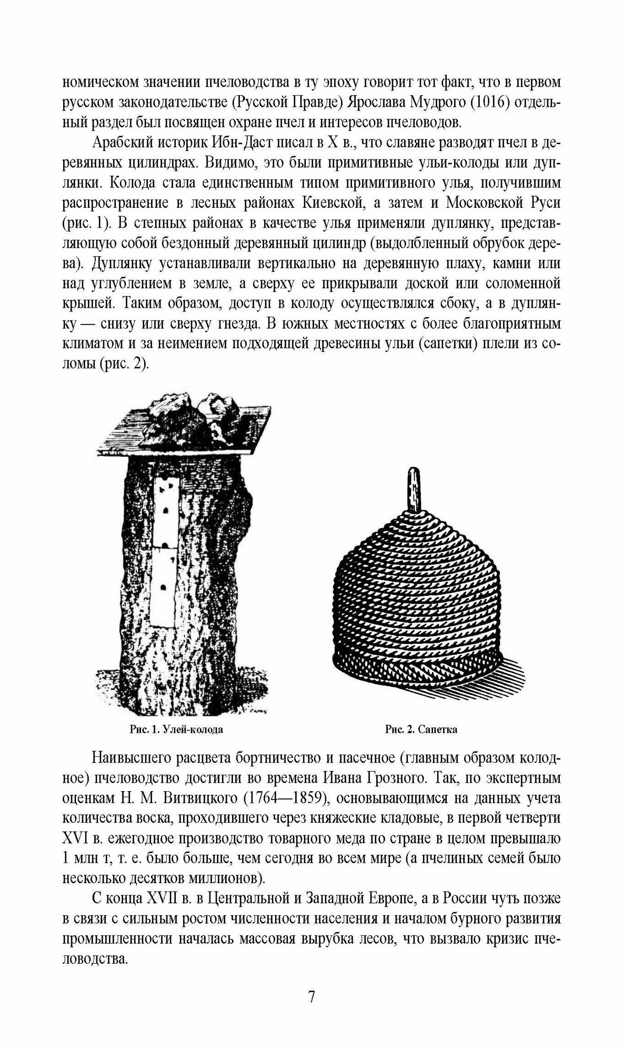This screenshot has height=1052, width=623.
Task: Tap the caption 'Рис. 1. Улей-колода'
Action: [x=176, y=730]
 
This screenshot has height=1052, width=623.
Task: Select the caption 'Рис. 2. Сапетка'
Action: [x=421, y=730]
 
